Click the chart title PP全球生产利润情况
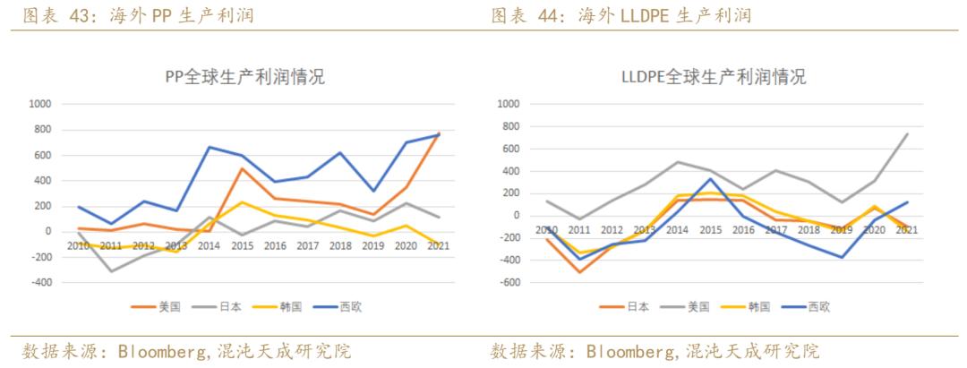pos(244,77)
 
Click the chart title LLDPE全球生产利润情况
pos(714,77)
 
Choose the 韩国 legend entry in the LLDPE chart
pos(748,306)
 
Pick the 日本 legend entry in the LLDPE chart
pos(628,306)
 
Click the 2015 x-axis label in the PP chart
pos(241,245)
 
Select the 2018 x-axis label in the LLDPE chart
pos(809,229)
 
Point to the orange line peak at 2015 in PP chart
pos(241,168)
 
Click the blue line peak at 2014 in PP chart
pos(209,147)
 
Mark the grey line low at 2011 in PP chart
pos(112,271)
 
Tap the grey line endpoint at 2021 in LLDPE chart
pos(907,134)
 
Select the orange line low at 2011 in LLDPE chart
pos(581,272)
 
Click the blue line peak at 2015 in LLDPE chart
pos(710,178)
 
